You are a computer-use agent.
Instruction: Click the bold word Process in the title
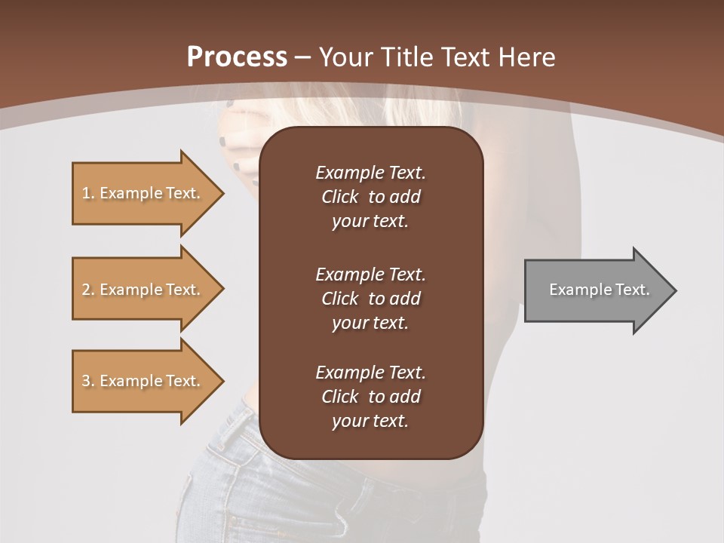coord(237,57)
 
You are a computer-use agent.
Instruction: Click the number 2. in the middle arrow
coord(88,290)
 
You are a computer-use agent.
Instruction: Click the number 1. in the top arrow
coord(88,193)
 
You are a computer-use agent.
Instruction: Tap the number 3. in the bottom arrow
coord(88,381)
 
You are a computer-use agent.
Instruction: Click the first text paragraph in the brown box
coord(370,197)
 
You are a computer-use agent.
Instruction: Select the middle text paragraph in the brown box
coord(370,299)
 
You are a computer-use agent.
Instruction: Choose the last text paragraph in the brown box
coord(370,397)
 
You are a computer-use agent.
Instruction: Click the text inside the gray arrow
coord(599,290)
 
